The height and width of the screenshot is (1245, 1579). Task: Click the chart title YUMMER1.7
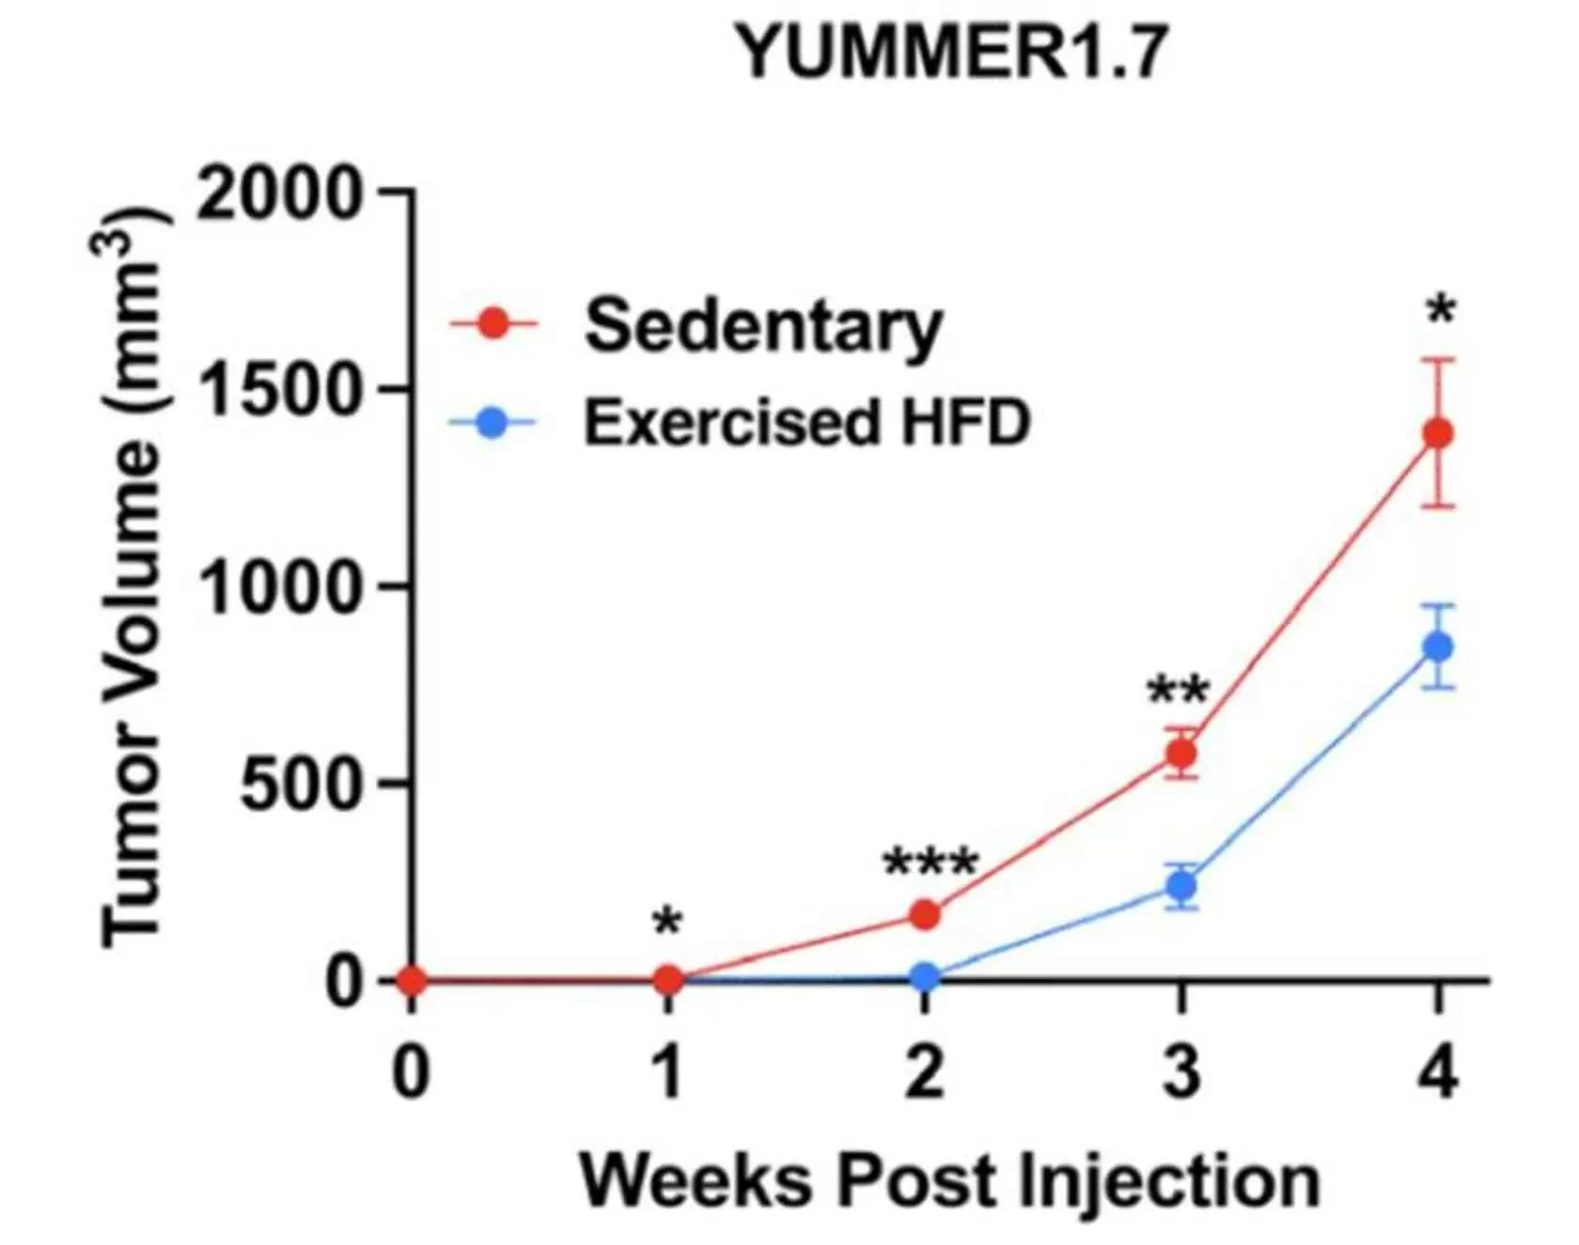point(951,54)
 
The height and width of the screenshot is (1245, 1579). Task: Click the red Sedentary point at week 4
point(1438,433)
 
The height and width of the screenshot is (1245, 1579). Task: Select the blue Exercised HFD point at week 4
point(1438,646)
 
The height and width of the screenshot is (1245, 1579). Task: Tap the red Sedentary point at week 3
point(1181,754)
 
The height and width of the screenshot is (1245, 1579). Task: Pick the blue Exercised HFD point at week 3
point(1181,885)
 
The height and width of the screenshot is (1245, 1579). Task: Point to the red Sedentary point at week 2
point(925,914)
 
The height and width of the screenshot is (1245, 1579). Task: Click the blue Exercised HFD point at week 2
point(925,977)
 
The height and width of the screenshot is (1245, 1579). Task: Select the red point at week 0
point(412,981)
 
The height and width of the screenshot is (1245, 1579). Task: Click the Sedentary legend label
point(762,326)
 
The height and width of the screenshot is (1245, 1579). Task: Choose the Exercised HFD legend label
point(806,423)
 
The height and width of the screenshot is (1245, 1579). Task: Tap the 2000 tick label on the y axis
point(279,194)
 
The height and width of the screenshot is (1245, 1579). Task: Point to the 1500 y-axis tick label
point(279,391)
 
